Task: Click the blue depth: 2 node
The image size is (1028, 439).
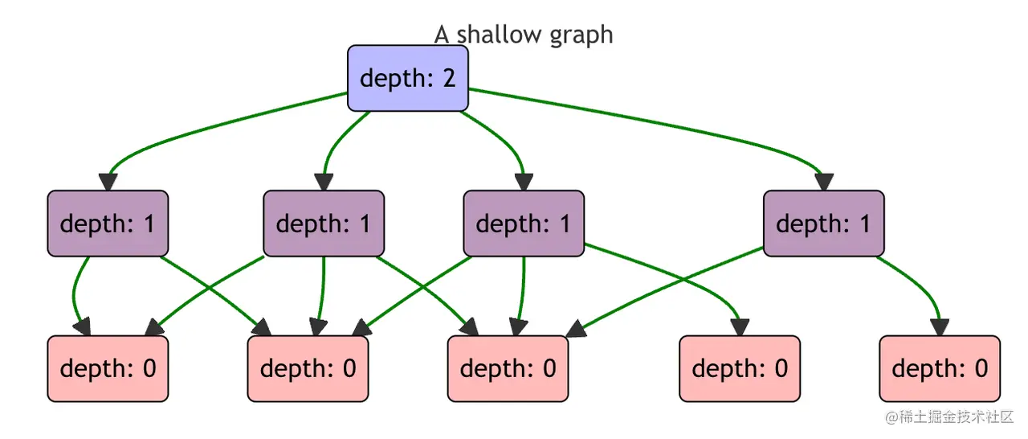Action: (x=407, y=78)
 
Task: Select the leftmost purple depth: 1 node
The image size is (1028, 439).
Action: (x=108, y=224)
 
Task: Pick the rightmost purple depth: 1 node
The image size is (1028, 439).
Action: (x=823, y=224)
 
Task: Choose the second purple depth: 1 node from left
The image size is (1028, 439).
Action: (x=324, y=224)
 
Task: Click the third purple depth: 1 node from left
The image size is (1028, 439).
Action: (x=524, y=224)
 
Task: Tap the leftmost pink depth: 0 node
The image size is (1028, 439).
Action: (x=108, y=368)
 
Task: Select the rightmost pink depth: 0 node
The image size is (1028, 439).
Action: (x=940, y=368)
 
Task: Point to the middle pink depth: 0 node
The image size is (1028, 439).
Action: (x=508, y=368)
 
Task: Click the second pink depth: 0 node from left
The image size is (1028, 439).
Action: (x=308, y=368)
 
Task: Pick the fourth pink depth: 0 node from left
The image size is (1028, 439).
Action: (x=740, y=368)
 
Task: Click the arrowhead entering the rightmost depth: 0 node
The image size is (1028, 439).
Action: (x=940, y=327)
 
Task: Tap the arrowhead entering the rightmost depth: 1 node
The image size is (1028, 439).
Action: (x=823, y=183)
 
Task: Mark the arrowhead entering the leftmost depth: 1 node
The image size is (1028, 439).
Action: (x=108, y=183)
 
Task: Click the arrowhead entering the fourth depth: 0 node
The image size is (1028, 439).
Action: (x=740, y=327)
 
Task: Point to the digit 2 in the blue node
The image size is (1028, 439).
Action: (x=448, y=78)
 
